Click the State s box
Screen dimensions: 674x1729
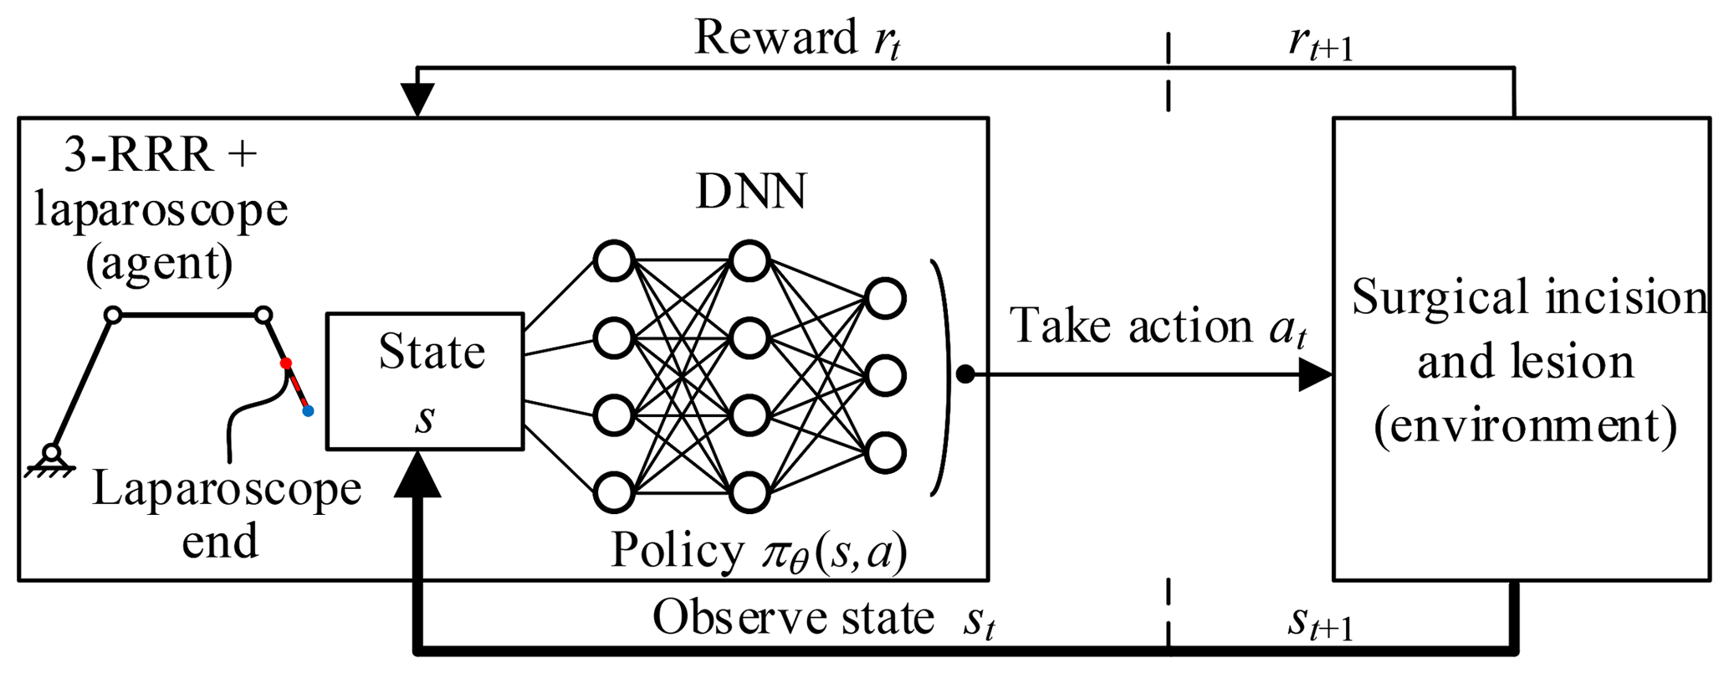point(425,382)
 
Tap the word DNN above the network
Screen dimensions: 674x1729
point(751,193)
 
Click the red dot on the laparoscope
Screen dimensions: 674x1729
point(286,363)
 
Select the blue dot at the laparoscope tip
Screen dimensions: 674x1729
point(308,411)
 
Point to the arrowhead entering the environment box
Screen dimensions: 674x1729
point(1315,374)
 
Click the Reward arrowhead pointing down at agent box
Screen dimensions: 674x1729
point(417,100)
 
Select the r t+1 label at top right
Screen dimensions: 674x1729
point(1320,46)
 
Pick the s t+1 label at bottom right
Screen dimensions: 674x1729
point(1320,624)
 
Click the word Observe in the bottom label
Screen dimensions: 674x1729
point(718,619)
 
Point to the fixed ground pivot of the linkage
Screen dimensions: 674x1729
point(52,454)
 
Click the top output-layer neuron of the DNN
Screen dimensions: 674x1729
point(886,299)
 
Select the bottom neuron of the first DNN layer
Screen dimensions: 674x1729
point(614,491)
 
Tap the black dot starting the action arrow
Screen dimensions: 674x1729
point(965,374)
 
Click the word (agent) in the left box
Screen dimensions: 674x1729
point(159,263)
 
